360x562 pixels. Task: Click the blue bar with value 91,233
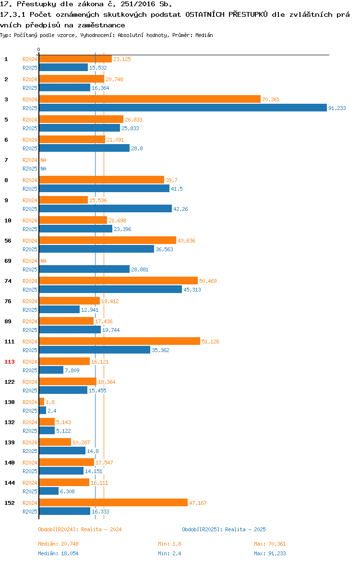[183, 108]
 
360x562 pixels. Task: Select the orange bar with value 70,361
[150, 99]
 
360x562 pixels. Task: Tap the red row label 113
[9, 362]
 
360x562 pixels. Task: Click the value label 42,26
[180, 209]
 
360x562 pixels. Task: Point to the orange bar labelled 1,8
[42, 402]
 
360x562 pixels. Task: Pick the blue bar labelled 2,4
[43, 410]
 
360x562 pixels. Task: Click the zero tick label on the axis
[39, 50]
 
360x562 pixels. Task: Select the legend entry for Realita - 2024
[80, 529]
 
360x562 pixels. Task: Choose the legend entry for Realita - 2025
[224, 529]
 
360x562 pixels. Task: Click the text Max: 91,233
[270, 553]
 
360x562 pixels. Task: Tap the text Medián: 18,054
[59, 553]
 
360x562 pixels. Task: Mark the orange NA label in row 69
[43, 261]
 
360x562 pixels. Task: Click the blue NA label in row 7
[43, 169]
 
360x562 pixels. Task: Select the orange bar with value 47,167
[114, 503]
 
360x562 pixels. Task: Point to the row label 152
[9, 503]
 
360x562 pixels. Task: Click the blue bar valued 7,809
[51, 370]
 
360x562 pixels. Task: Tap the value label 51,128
[210, 342]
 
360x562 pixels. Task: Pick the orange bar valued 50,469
[119, 281]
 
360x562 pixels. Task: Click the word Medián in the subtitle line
[204, 35]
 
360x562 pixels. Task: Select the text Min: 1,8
[170, 544]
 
